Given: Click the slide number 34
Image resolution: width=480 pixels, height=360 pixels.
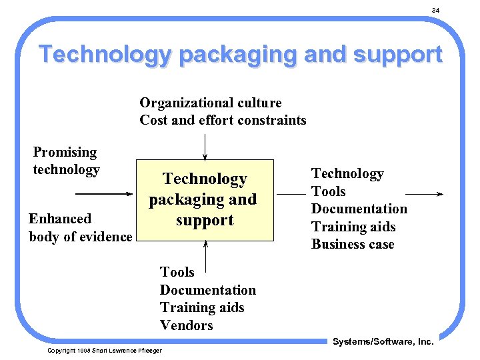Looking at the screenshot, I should click(x=435, y=10).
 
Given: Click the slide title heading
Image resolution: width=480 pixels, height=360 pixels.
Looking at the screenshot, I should click(x=240, y=54).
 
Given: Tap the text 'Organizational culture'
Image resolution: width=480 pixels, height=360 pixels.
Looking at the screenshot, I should click(x=211, y=103).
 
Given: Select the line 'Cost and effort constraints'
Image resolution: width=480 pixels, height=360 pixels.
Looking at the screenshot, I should click(x=223, y=120).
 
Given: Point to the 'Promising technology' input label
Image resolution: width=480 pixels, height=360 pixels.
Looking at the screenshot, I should click(x=66, y=161).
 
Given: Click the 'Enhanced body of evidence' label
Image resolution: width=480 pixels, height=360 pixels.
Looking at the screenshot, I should click(x=80, y=227).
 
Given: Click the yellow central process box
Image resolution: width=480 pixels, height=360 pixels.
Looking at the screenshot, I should click(x=205, y=199).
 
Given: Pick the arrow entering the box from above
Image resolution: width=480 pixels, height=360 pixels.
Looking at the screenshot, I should click(x=205, y=146).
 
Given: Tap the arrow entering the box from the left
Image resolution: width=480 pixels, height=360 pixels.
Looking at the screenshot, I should click(x=104, y=194).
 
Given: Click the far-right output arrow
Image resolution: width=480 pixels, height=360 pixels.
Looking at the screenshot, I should click(x=424, y=194).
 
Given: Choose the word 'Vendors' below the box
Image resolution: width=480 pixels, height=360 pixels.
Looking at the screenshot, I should click(x=186, y=325).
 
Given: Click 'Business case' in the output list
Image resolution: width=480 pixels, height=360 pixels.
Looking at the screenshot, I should click(x=353, y=244).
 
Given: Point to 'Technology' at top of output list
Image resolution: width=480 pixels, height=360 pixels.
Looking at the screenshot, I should click(x=347, y=173).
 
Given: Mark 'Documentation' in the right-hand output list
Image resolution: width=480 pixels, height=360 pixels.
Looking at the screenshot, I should click(x=359, y=209).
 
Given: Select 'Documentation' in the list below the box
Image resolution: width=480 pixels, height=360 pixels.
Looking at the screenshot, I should click(x=207, y=290).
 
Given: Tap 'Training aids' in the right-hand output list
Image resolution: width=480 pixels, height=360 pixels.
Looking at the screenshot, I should click(x=353, y=227).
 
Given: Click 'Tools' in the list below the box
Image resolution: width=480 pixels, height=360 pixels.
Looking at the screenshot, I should click(x=177, y=272).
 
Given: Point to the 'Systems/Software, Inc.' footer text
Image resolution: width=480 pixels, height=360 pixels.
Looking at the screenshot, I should click(x=383, y=341).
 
